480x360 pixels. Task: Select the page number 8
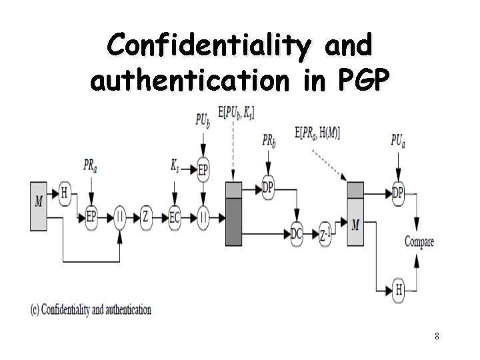click(437, 336)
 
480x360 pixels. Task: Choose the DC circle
click(297, 233)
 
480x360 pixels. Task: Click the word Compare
click(419, 241)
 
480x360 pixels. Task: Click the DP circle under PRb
click(268, 189)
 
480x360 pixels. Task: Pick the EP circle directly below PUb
click(203, 171)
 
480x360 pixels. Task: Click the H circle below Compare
click(399, 289)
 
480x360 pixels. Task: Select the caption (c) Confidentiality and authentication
click(91, 309)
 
